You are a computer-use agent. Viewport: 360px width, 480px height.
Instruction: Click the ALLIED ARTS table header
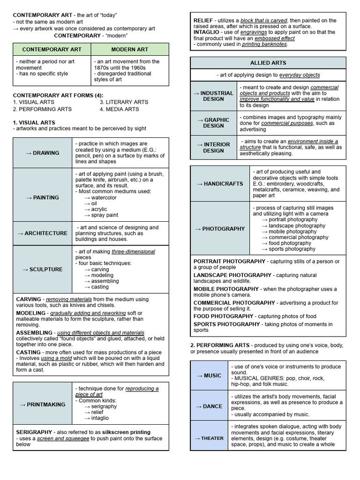[x=268, y=63]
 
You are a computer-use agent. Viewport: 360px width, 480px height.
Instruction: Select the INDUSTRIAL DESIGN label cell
[x=213, y=96]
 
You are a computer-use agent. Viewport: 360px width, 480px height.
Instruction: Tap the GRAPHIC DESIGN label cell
[x=213, y=123]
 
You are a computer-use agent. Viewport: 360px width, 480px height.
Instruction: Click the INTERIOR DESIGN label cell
[x=213, y=148]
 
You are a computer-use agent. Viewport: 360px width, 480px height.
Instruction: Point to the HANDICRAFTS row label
[x=220, y=184]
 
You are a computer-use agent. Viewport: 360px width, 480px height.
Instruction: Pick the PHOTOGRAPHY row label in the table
[x=220, y=229]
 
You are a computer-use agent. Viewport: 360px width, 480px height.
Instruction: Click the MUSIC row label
[x=209, y=375]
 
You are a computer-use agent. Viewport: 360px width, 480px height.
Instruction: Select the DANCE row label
[x=209, y=406]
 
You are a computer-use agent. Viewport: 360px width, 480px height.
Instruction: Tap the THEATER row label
[x=209, y=438]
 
